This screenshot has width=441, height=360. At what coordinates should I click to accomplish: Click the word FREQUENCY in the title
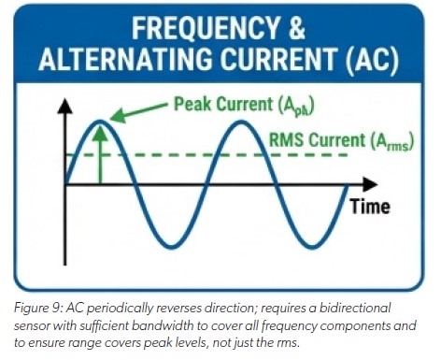pos(188,31)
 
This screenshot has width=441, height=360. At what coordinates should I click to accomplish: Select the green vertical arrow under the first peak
pos(104,154)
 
